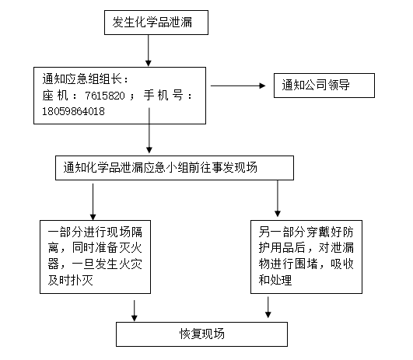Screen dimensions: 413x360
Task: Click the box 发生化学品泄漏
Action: pos(156,23)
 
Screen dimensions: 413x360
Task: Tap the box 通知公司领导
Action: pos(324,86)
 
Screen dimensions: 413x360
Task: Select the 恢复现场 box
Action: pos(201,334)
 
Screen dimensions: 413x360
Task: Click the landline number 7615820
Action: pos(105,96)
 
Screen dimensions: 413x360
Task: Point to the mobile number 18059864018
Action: pos(73,111)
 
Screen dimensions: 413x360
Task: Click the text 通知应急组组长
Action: pos(82,79)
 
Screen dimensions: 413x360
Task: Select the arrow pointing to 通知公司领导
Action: pos(238,86)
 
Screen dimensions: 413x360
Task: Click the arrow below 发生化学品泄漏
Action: pos(149,51)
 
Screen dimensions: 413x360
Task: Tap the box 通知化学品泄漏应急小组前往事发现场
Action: pos(174,168)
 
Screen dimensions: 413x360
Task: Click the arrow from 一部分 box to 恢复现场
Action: pos(135,311)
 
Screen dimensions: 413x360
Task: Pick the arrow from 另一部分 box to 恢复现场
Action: pos(268,307)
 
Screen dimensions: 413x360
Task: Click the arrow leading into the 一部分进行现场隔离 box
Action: pos(93,201)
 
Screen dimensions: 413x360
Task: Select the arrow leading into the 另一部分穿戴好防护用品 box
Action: pos(278,198)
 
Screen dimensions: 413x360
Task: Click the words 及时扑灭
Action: pos(71,280)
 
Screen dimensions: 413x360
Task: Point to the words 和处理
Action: pos(275,280)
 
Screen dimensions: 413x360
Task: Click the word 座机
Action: pos(55,95)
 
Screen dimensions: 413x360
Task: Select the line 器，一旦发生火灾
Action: pos(95,264)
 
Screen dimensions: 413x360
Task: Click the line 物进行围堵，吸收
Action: pos(306,264)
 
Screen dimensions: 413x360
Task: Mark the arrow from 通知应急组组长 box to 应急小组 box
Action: pos(149,131)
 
